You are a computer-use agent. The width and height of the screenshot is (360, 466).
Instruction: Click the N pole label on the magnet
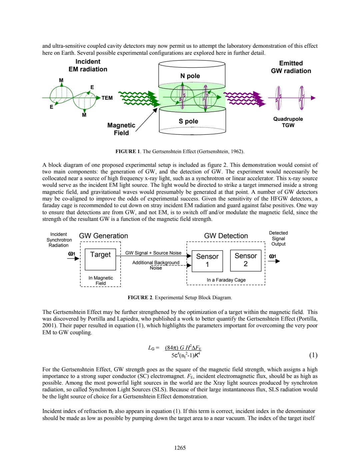click(190, 76)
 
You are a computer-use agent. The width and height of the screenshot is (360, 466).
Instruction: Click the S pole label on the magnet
click(188, 121)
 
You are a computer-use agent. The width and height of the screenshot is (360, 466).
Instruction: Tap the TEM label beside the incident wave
click(107, 98)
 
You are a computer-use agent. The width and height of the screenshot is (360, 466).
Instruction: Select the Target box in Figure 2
click(100, 259)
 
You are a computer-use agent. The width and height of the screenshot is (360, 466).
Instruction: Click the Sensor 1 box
click(207, 261)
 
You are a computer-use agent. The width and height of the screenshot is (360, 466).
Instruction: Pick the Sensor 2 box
click(246, 260)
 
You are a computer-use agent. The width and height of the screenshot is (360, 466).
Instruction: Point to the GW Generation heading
click(103, 236)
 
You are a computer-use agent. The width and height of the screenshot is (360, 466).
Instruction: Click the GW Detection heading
click(226, 236)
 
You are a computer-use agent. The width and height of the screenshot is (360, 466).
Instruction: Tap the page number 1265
click(180, 448)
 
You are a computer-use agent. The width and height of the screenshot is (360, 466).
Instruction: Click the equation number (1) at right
click(313, 355)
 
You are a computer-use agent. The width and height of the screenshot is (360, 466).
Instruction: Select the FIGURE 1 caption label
click(128, 151)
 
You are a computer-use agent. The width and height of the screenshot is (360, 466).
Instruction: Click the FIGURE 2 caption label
click(140, 298)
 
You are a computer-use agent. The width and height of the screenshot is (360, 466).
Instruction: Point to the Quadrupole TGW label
click(288, 122)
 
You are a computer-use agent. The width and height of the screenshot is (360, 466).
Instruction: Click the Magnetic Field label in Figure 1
click(121, 129)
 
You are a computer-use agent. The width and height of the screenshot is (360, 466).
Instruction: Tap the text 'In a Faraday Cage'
click(226, 280)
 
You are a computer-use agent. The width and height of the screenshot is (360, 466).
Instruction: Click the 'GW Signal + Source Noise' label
click(153, 253)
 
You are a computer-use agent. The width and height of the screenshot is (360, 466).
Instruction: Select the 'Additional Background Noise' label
click(156, 265)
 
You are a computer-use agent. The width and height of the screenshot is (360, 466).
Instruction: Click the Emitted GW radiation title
click(291, 67)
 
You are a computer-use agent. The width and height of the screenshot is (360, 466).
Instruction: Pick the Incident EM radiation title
click(88, 65)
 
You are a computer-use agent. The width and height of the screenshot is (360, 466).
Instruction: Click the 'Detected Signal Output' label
click(278, 239)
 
